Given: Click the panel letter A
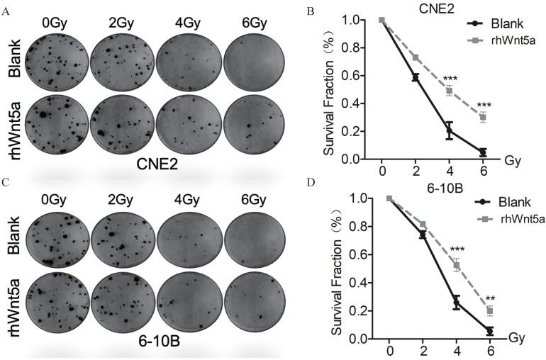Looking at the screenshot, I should [6, 10].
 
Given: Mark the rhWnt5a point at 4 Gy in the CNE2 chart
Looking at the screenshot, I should [449, 91].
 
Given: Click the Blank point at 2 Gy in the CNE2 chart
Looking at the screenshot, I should [416, 77].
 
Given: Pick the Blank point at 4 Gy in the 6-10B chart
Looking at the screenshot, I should [456, 303].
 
